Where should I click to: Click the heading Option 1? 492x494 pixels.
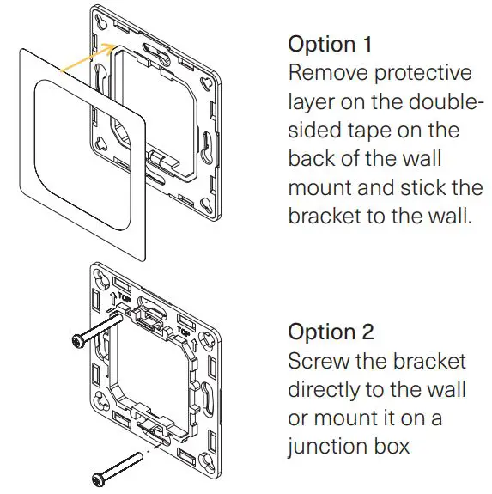330,44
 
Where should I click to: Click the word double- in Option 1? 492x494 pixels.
438,101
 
